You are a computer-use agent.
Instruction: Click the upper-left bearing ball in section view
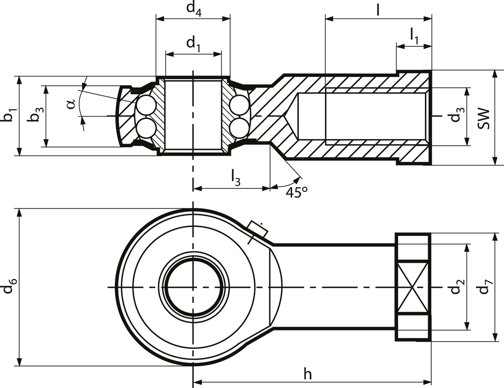tap(145, 105)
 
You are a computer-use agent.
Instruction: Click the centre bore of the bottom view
tap(193, 287)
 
